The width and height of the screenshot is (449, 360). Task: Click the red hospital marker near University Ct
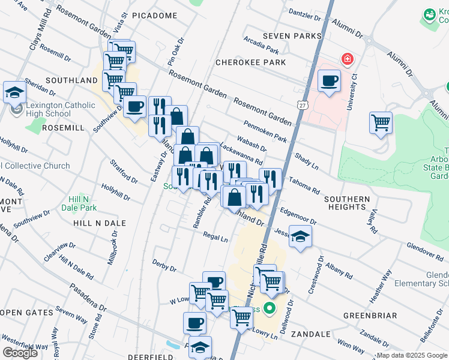(x=346, y=59)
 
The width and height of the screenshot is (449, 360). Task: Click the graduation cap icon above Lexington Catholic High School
(x=14, y=92)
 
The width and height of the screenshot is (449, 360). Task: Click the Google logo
(x=20, y=352)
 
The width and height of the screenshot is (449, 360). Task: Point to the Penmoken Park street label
(x=265, y=131)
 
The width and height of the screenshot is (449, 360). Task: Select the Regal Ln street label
(x=215, y=238)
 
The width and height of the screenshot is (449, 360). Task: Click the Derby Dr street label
(x=164, y=265)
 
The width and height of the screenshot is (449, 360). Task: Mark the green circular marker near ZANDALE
(x=270, y=309)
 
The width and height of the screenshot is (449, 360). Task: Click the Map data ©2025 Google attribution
(x=412, y=355)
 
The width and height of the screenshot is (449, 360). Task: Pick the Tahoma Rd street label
(x=304, y=180)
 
